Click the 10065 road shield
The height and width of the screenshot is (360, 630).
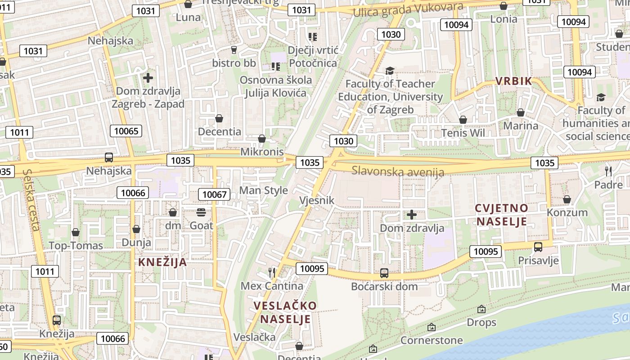(126, 131)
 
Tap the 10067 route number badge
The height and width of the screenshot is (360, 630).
(214, 194)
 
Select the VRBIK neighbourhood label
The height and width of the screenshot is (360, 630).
(513, 81)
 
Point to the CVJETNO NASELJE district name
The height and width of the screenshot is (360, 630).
(502, 215)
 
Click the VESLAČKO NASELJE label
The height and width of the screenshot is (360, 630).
(285, 312)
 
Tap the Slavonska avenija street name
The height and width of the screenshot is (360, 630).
(398, 171)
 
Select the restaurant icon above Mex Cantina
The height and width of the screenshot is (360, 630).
(272, 272)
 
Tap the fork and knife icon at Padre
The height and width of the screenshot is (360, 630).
(608, 171)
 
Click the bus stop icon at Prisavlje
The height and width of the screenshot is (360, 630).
(538, 247)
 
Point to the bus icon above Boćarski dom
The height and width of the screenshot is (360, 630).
(384, 273)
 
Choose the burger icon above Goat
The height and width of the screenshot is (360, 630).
(201, 212)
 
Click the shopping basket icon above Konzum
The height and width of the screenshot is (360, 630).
(567, 199)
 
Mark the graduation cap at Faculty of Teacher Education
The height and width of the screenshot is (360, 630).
(390, 71)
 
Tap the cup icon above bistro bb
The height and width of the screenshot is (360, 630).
(234, 49)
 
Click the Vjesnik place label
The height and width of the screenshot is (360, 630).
(317, 200)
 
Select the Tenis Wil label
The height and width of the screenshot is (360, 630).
(463, 133)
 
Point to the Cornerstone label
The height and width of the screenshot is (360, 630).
(432, 340)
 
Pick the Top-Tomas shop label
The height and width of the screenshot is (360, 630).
(76, 246)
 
